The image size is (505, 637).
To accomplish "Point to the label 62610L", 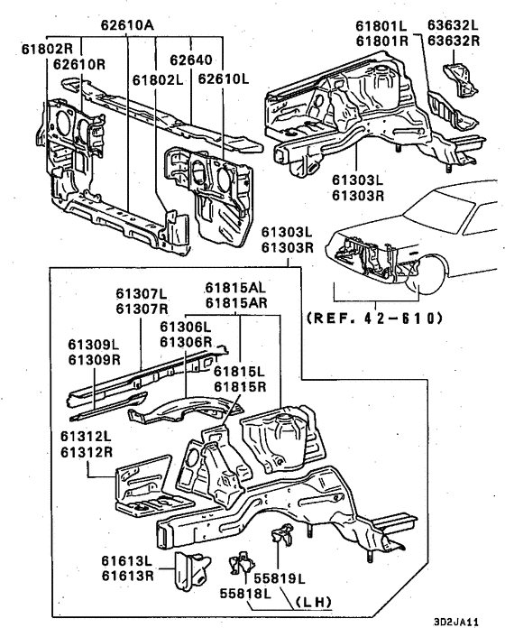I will pyautogui.click(x=223, y=78).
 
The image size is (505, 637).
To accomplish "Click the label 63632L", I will pyautogui.click(x=453, y=24).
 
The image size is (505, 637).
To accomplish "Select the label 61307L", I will pyautogui.click(x=141, y=294).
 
